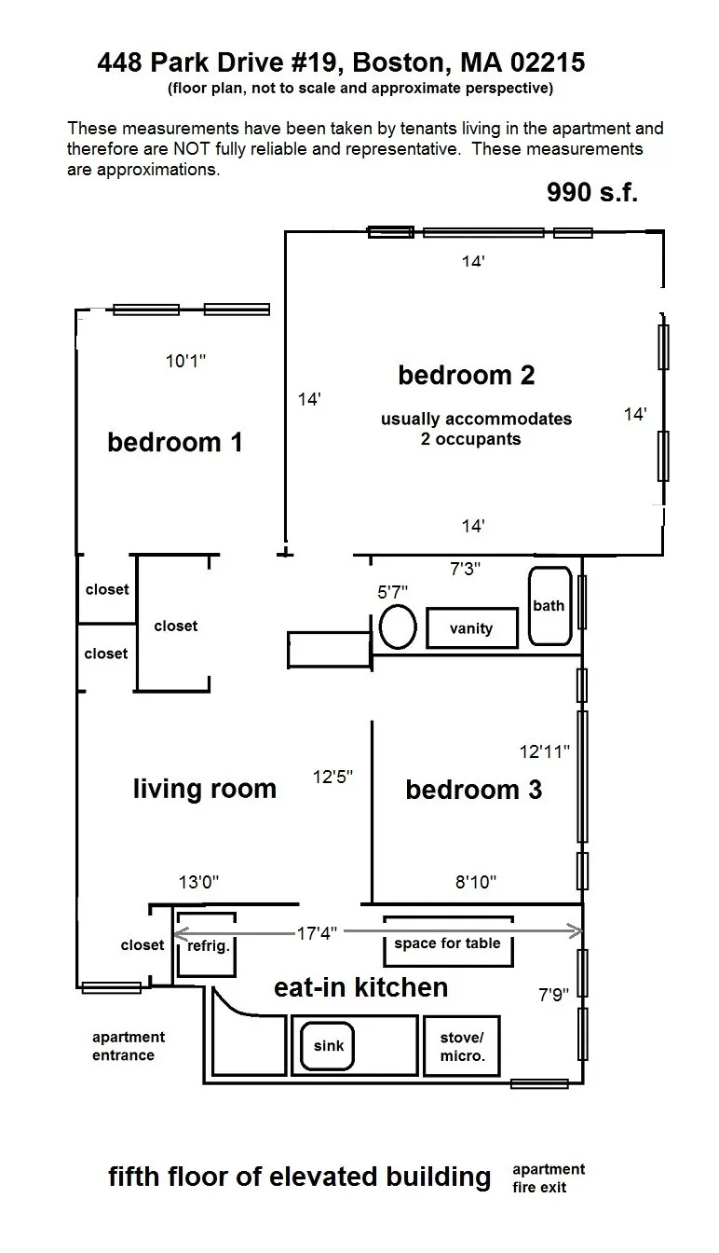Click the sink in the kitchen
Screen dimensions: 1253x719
click(328, 1045)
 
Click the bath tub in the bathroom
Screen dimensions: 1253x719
click(549, 605)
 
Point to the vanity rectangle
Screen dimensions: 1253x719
click(471, 627)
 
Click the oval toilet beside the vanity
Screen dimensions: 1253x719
click(398, 626)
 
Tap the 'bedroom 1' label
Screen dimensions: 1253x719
click(175, 441)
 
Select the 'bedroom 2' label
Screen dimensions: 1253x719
click(466, 375)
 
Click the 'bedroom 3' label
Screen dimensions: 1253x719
click(473, 790)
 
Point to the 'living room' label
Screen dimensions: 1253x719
click(204, 789)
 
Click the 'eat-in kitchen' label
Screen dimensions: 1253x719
click(360, 987)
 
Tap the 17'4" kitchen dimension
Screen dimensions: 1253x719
click(317, 932)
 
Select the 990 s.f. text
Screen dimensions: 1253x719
click(591, 192)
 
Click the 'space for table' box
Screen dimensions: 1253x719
click(447, 943)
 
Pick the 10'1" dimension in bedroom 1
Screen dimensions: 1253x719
click(185, 362)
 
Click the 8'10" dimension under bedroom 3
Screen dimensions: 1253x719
click(475, 882)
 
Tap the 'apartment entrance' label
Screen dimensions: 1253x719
click(129, 1046)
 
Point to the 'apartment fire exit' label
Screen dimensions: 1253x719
click(549, 1178)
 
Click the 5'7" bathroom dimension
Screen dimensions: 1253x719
click(392, 591)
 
